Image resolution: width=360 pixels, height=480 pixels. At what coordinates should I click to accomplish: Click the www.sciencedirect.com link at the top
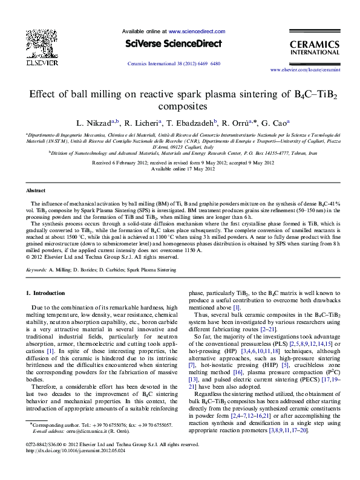[x=197, y=31]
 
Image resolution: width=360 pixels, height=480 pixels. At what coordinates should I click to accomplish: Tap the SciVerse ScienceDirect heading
[x=174, y=44]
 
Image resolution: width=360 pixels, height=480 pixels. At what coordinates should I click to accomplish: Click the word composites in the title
[x=180, y=106]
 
